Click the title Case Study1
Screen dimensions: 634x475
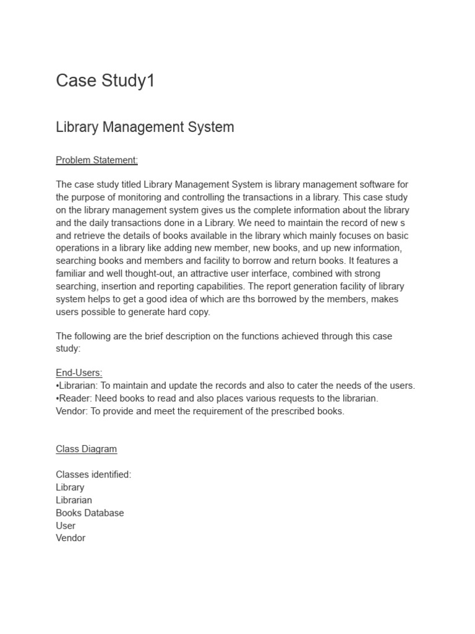tap(105, 81)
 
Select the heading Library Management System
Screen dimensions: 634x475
tap(145, 128)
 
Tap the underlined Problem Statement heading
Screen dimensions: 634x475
tap(96, 160)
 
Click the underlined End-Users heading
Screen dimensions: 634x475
tap(79, 373)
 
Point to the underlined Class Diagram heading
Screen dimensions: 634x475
tap(86, 449)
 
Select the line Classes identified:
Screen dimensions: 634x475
tap(93, 474)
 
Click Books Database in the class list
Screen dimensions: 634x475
tap(90, 513)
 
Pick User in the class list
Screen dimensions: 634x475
tap(66, 526)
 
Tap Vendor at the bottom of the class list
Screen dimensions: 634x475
tap(71, 538)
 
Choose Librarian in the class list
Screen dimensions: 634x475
tap(74, 500)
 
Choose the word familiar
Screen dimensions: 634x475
tap(73, 274)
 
